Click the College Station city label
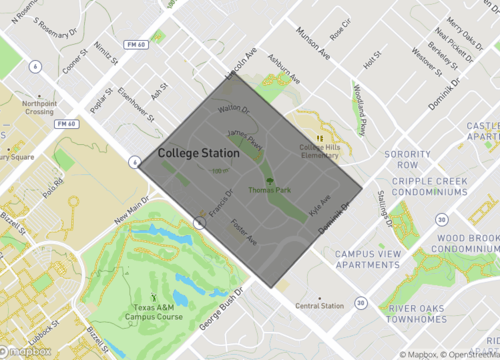[x=198, y=154]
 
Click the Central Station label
[x=320, y=305]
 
